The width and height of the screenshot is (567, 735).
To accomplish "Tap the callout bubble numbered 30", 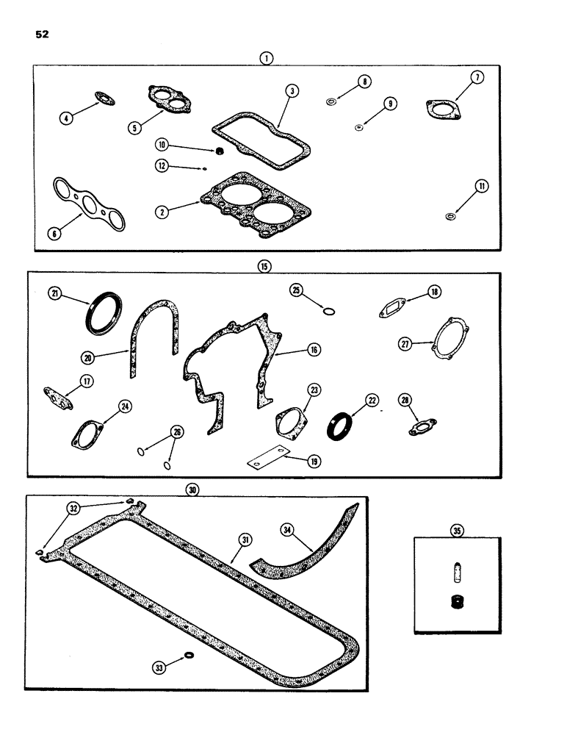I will pyautogui.click(x=192, y=489).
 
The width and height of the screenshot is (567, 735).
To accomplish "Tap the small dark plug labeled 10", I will pyautogui.click(x=218, y=152).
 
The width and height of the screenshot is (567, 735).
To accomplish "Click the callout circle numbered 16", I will pyautogui.click(x=313, y=351).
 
